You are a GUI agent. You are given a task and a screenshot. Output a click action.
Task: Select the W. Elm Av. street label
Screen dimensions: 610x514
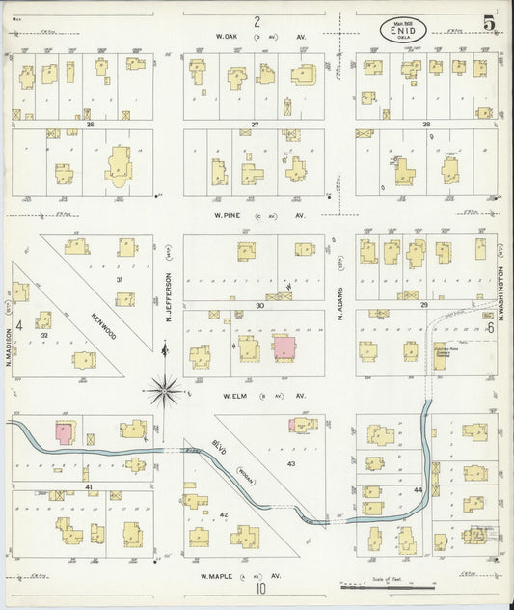[257, 395]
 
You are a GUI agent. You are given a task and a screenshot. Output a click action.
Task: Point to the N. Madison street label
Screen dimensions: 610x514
[7, 346]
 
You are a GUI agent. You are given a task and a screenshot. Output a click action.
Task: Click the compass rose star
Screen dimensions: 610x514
[165, 391]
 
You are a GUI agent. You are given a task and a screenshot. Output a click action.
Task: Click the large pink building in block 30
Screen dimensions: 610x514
[284, 348]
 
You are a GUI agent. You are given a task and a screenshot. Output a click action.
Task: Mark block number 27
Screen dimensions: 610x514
[256, 125]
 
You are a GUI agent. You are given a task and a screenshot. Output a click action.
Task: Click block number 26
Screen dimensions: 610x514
[88, 125]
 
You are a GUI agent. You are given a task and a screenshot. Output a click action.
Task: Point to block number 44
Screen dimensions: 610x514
[419, 491]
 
